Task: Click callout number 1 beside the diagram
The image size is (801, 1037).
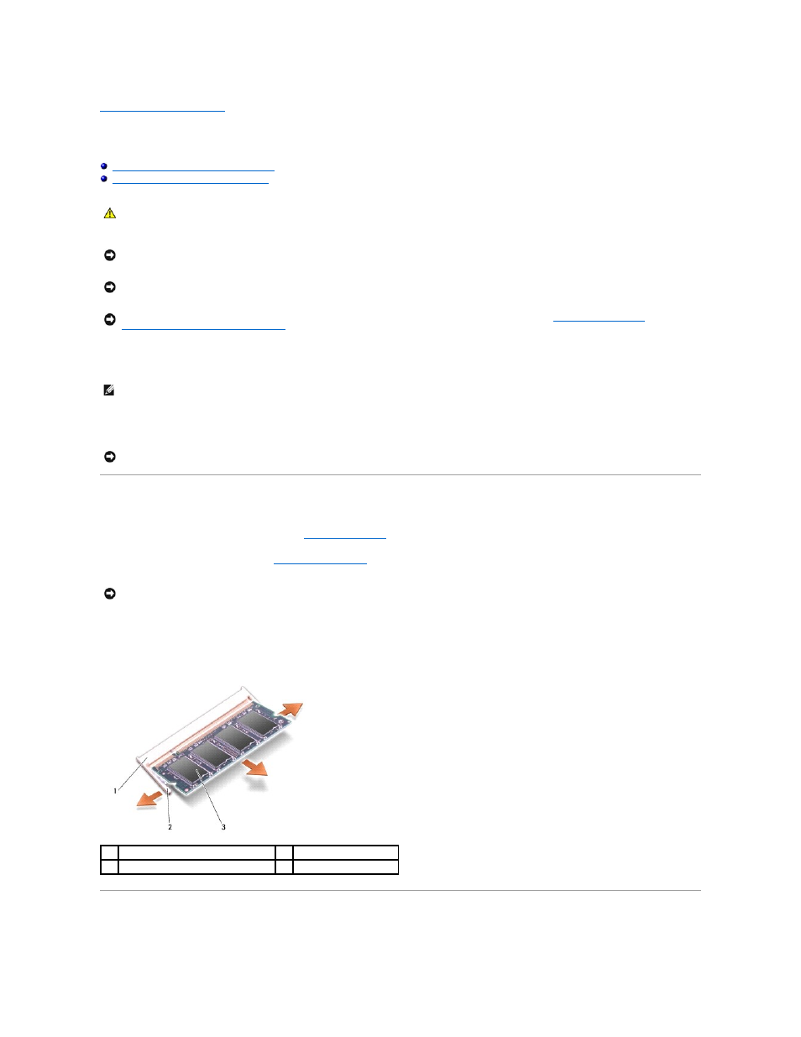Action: [x=115, y=791]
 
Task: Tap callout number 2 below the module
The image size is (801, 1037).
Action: [x=170, y=827]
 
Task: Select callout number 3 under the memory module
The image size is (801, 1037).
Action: [x=223, y=827]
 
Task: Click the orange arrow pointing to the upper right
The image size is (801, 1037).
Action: [x=291, y=710]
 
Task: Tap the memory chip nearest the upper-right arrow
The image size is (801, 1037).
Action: [x=260, y=725]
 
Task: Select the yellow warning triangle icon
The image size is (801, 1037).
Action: [x=110, y=213]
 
